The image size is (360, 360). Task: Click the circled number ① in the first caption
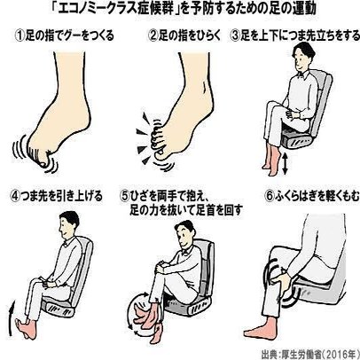[x=20, y=35]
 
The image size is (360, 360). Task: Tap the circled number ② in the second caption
[x=153, y=35]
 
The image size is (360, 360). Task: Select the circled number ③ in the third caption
[x=235, y=35]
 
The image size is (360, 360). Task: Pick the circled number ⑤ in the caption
[x=125, y=195]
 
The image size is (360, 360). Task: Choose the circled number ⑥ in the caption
[x=269, y=196]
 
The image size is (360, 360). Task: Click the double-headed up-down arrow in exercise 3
[x=285, y=163]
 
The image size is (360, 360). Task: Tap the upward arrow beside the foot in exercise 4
[x=11, y=318]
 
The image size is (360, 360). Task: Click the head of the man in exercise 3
[x=301, y=56]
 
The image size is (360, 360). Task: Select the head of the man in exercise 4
[x=68, y=225]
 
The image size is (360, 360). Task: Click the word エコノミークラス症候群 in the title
[x=114, y=10]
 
